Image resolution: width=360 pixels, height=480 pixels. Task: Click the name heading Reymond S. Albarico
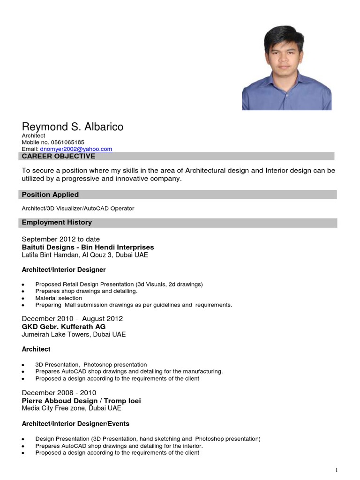73,127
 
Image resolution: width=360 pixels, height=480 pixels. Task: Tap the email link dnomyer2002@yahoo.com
76,149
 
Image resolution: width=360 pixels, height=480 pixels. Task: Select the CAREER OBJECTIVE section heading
59,157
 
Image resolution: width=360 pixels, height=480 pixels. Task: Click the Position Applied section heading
50,195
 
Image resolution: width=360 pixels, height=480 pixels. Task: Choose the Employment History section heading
57,222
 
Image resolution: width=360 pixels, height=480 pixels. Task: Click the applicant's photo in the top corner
286,68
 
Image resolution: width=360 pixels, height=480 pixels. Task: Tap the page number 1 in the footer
336,470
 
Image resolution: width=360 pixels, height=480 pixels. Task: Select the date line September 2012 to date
61,239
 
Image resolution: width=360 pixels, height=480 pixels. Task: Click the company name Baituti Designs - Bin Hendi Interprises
88,247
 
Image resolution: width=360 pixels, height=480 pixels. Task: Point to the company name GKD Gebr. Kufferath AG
64,327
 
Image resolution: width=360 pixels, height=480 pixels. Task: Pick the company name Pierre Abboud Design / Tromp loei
82,401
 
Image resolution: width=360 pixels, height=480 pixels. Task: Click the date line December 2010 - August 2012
72,319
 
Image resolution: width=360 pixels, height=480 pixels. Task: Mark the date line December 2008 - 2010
59,393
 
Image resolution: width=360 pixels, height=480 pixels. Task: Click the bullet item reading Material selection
59,298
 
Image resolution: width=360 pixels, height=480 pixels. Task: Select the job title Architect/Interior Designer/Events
75,424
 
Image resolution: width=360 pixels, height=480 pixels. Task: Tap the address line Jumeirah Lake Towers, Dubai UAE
74,335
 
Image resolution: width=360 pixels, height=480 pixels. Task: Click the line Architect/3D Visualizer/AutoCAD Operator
78,208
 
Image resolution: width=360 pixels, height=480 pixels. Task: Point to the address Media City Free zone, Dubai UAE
71,408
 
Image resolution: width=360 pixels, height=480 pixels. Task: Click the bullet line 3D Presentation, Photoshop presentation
91,365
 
